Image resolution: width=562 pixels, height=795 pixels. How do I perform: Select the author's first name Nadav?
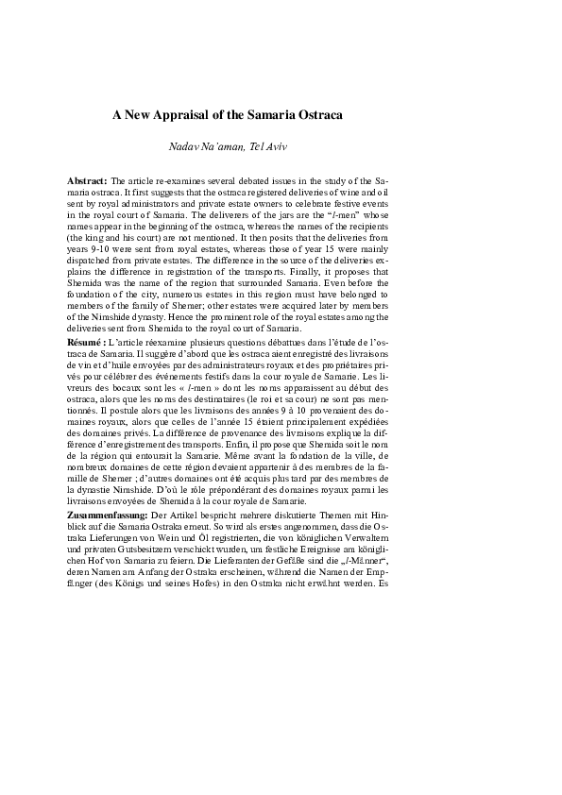pos(182,146)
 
